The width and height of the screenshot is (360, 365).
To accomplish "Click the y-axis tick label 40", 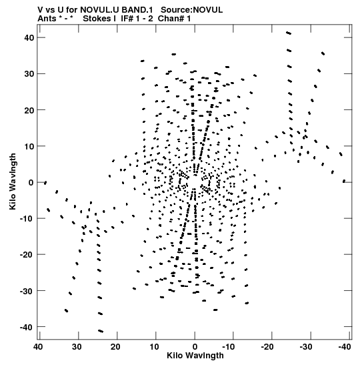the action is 29,37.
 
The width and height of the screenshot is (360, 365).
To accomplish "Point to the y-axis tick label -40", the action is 27,327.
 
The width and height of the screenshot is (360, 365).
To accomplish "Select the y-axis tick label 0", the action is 31,182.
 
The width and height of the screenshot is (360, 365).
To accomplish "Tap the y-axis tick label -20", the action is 27,255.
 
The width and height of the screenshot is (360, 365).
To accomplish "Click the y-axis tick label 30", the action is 29,74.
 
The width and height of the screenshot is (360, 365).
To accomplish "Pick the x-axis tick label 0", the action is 195,347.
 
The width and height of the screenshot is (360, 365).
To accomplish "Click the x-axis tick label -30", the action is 305,347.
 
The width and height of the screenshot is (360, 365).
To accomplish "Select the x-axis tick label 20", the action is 115,347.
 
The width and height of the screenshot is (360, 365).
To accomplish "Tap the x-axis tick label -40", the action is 345,347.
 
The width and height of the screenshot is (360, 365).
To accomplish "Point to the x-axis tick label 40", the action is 38,347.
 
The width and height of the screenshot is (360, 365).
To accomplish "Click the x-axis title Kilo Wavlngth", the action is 195,356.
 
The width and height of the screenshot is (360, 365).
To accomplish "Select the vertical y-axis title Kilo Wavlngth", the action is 13,181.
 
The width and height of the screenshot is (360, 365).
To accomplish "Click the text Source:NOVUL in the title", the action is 191,10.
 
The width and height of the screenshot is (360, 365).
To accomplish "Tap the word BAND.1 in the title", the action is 137,10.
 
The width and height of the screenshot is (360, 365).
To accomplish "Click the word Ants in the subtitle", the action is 47,19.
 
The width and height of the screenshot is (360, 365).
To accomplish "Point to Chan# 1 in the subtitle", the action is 174,19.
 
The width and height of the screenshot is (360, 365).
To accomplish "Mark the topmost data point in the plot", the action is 289,33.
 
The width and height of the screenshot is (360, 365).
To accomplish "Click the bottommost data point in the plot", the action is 101,331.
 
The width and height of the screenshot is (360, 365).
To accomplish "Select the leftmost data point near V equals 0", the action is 45,183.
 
